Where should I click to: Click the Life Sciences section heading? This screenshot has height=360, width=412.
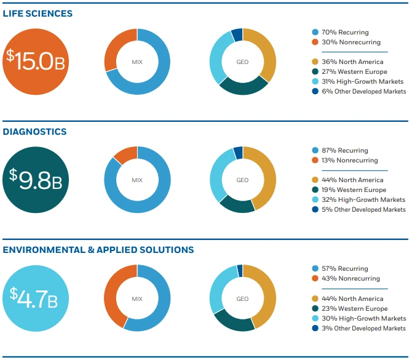pyautogui.click(x=38, y=14)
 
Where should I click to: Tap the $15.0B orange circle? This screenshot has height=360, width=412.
pyautogui.click(x=36, y=62)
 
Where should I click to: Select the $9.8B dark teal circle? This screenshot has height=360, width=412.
pyautogui.click(x=36, y=180)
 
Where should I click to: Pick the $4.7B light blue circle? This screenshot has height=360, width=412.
pyautogui.click(x=36, y=298)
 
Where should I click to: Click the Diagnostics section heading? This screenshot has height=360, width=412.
pyautogui.click(x=35, y=132)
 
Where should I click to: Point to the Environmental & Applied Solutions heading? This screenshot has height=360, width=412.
pyautogui.click(x=98, y=250)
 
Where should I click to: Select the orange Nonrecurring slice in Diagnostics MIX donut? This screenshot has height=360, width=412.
pyautogui.click(x=127, y=155)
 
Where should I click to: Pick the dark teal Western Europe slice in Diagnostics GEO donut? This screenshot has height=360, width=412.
pyautogui.click(x=237, y=204)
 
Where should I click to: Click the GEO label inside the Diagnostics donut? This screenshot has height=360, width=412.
pyautogui.click(x=243, y=180)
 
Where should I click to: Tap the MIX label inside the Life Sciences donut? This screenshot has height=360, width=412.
pyautogui.click(x=137, y=62)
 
